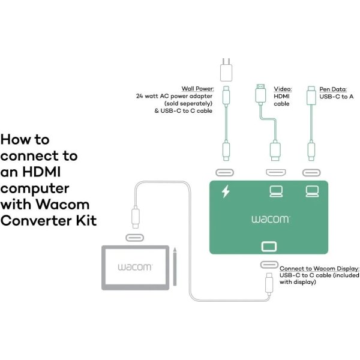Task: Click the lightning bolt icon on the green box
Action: pyautogui.click(x=226, y=192)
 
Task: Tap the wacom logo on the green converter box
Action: pyautogui.click(x=271, y=219)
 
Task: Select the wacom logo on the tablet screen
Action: pyautogui.click(x=134, y=266)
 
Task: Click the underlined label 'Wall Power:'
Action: pyautogui.click(x=197, y=88)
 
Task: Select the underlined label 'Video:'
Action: pyautogui.click(x=283, y=88)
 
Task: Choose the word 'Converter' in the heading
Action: pyautogui.click(x=37, y=220)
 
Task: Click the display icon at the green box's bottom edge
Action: pyautogui.click(x=268, y=246)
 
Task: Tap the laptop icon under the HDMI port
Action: pyautogui.click(x=275, y=192)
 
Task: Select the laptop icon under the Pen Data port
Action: pyautogui.click(x=311, y=192)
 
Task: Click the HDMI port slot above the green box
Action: pyautogui.click(x=275, y=173)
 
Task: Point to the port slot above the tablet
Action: pyautogui.click(x=134, y=238)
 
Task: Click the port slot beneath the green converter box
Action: pyautogui.click(x=268, y=265)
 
